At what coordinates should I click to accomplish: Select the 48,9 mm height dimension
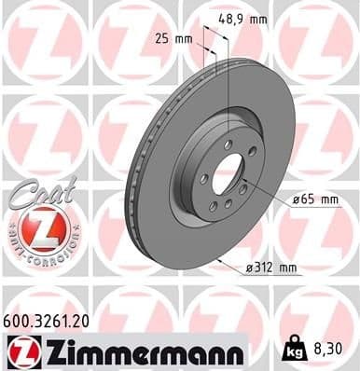click(x=242, y=18)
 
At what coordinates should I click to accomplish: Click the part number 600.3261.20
click(x=51, y=320)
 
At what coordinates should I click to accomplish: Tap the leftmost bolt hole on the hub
click(x=202, y=177)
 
